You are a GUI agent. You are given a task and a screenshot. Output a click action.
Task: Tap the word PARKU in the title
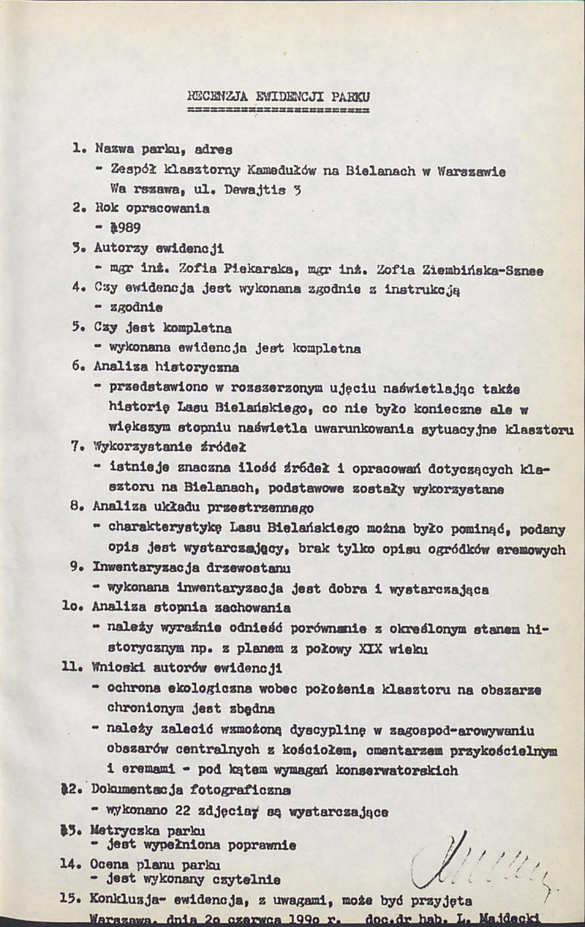pos(349,97)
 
